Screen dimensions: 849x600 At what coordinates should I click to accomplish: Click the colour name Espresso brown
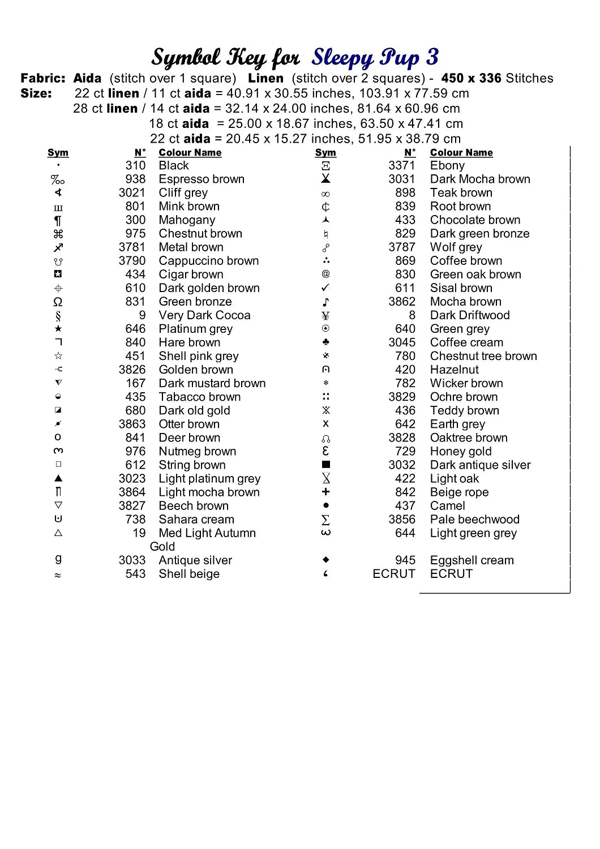click(202, 179)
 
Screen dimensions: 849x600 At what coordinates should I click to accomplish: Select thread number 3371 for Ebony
click(401, 166)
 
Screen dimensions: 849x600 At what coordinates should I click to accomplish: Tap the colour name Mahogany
click(187, 220)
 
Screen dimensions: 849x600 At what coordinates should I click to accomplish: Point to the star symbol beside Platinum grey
click(58, 329)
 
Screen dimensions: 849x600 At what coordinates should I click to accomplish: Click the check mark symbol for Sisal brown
click(325, 288)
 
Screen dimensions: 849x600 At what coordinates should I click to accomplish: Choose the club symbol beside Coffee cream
click(325, 342)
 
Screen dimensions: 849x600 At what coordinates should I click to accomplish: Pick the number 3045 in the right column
click(401, 342)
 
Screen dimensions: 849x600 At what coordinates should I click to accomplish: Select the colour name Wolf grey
click(456, 247)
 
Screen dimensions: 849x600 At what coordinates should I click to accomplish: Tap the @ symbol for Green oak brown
click(325, 275)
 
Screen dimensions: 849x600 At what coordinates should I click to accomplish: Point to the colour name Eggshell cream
click(472, 560)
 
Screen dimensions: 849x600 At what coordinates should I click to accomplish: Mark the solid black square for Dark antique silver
click(325, 465)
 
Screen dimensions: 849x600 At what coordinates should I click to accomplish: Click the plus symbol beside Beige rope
click(325, 492)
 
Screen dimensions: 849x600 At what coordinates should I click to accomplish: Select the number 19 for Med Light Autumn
click(139, 533)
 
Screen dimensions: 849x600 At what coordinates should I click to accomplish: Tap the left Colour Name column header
click(190, 153)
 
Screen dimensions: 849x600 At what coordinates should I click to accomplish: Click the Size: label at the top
click(36, 93)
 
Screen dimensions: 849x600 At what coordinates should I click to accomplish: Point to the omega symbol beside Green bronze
click(58, 302)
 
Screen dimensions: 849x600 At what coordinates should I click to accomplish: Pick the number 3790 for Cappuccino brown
click(132, 261)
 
